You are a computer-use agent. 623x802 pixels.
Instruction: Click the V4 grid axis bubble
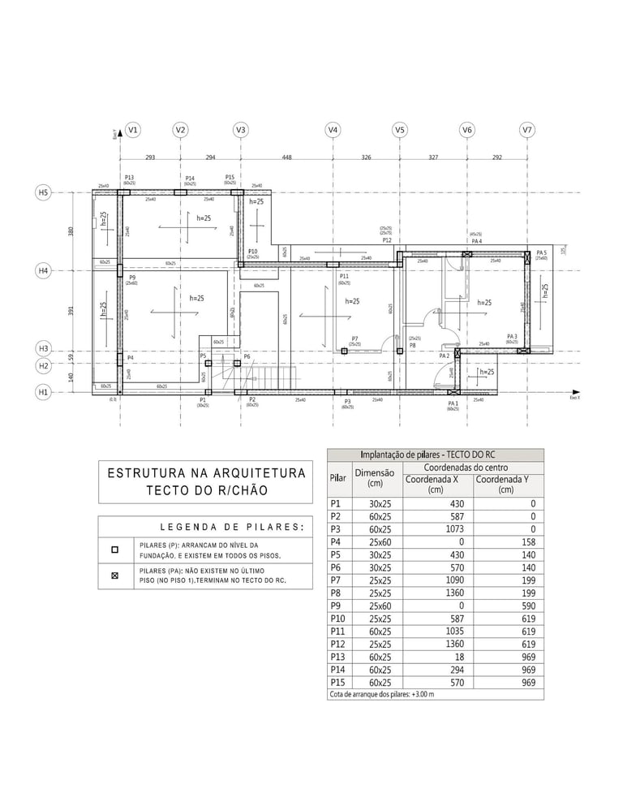click(332, 130)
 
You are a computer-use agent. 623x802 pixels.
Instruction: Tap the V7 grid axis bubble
click(527, 130)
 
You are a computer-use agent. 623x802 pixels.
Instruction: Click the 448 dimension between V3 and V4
click(286, 157)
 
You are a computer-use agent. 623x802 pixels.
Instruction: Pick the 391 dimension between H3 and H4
click(71, 310)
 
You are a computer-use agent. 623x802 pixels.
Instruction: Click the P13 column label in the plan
click(129, 178)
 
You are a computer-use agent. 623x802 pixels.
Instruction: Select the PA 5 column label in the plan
click(541, 252)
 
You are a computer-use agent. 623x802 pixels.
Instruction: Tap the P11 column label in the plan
click(344, 277)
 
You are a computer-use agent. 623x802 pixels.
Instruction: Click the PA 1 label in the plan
click(453, 403)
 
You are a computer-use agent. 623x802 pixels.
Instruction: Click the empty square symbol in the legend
click(114, 550)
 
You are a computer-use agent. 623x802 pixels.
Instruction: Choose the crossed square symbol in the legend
click(114, 576)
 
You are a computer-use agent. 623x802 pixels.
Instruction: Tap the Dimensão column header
click(375, 477)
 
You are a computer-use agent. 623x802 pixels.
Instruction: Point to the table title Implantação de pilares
click(435, 455)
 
